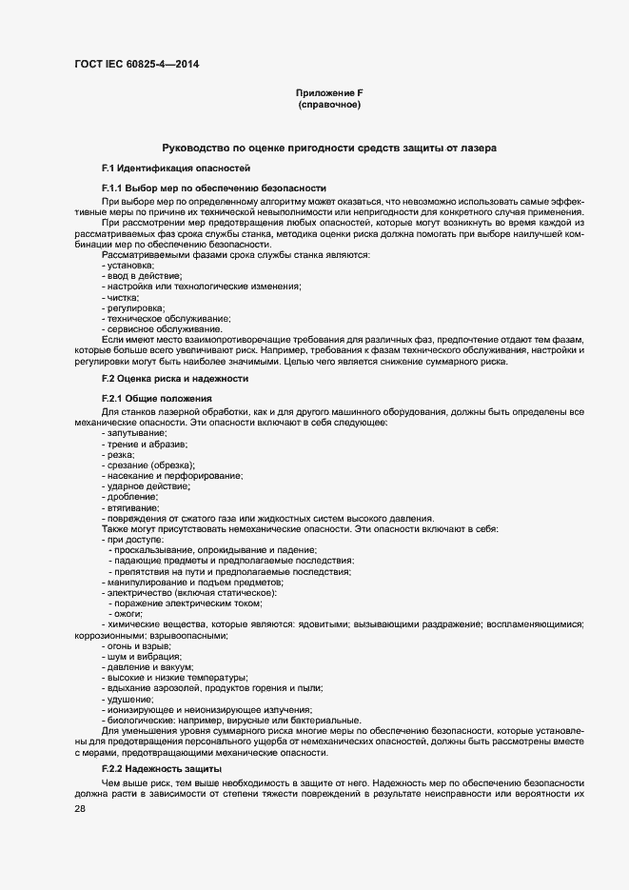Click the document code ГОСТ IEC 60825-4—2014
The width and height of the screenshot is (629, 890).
point(137,65)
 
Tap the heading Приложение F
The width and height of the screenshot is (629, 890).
point(329,92)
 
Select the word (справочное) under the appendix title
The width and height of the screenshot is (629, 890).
point(329,105)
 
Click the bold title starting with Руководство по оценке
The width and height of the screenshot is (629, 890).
point(329,148)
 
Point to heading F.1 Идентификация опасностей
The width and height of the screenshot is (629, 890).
point(163,168)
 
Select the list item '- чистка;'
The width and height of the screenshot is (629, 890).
point(120,298)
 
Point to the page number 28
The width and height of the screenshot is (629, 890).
point(80,808)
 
